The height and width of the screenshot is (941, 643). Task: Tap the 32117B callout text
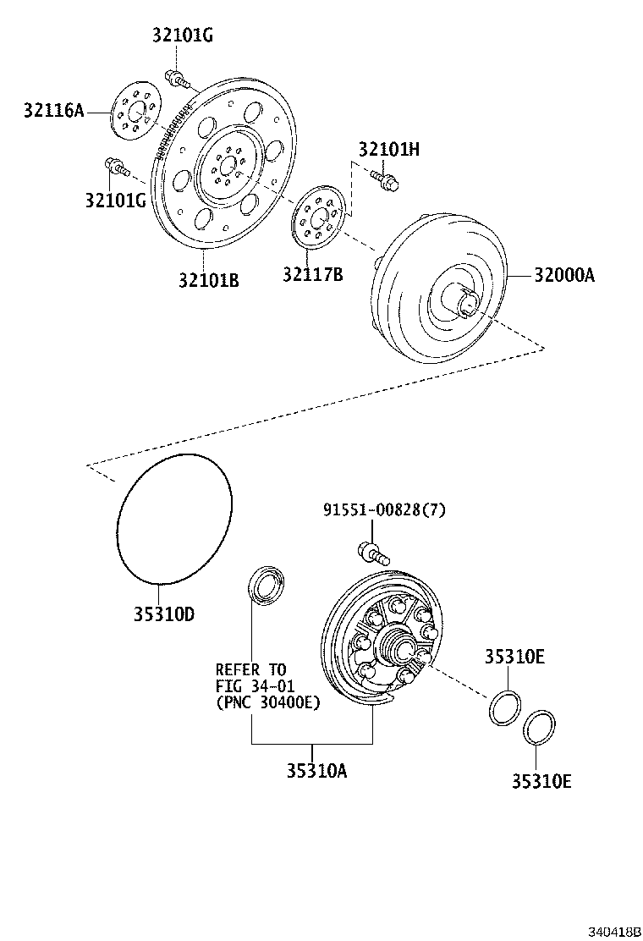(x=313, y=274)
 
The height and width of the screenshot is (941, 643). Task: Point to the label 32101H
(x=389, y=149)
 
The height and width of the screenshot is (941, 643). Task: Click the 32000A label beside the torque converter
(x=564, y=274)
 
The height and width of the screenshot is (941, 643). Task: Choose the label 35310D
(x=163, y=614)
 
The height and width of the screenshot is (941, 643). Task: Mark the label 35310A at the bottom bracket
(x=316, y=770)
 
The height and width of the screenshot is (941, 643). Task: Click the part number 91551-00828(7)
(x=384, y=509)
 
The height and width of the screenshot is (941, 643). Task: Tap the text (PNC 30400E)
(x=268, y=702)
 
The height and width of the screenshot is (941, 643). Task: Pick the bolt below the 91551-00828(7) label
(x=373, y=553)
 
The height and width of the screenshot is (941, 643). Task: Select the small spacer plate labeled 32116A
(x=133, y=111)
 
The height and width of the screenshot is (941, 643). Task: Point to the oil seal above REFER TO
(x=267, y=586)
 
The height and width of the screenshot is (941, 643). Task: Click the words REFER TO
(x=251, y=669)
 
